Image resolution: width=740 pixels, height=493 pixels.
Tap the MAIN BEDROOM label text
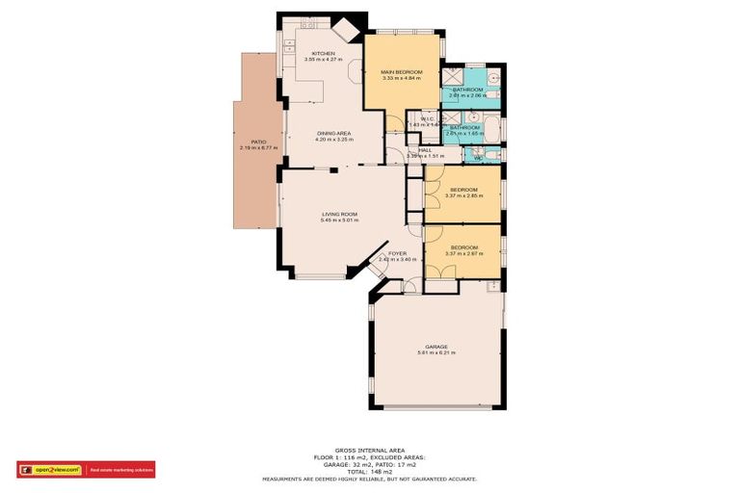click(x=402, y=71)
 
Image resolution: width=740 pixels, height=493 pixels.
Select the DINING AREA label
click(x=333, y=133)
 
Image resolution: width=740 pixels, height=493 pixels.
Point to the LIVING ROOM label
click(x=339, y=214)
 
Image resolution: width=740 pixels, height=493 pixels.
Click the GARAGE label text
click(x=436, y=347)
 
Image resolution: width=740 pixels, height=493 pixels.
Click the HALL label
click(x=424, y=149)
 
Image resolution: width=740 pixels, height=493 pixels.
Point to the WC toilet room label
click(x=475, y=157)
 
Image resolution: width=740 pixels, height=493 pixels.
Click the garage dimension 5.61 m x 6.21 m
click(x=436, y=353)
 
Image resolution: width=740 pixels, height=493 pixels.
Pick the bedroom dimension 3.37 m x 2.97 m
click(x=464, y=252)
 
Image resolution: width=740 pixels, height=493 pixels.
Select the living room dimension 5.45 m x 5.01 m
click(x=339, y=221)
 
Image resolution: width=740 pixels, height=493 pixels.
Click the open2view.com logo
click(x=50, y=470)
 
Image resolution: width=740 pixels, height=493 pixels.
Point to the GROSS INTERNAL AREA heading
click(x=369, y=450)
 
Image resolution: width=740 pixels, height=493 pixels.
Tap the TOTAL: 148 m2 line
click(x=369, y=472)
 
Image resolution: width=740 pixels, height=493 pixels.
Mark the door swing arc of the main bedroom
click(x=395, y=123)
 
